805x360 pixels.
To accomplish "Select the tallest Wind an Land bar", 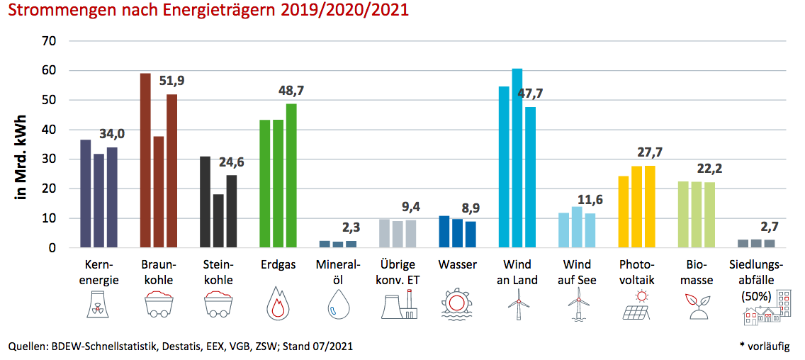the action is coord(517,158).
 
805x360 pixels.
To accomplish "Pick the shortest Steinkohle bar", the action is coord(218,221).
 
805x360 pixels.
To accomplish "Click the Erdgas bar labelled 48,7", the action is coord(291,176).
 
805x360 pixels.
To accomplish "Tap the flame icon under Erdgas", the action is coord(277,305).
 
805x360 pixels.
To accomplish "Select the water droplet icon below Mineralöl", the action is coord(337,305).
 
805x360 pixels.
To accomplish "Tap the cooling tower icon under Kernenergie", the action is coord(98,305).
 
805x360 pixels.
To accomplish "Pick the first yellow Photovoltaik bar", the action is coord(624,212).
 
